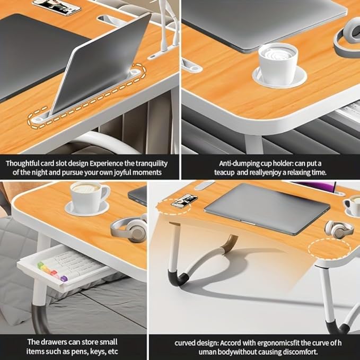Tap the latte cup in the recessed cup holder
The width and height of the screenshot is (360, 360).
[x=277, y=64]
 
